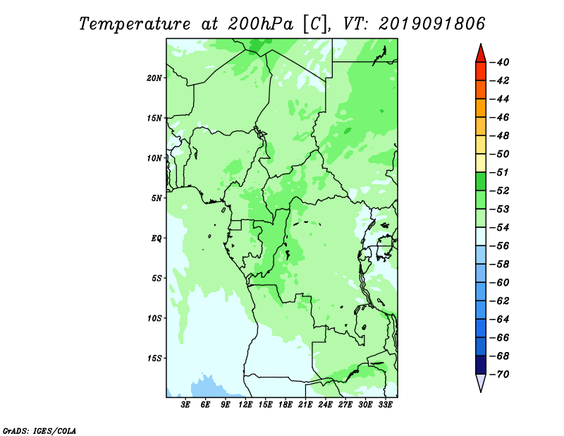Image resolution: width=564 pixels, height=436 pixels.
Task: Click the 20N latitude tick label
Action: pyautogui.click(x=154, y=78)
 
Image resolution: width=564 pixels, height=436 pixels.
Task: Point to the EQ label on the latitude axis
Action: pyautogui.click(x=157, y=238)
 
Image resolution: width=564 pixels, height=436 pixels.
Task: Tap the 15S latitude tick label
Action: pyautogui.click(x=154, y=358)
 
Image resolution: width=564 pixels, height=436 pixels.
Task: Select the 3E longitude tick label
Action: pyautogui.click(x=185, y=405)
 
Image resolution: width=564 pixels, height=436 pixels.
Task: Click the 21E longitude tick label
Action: pyautogui.click(x=305, y=405)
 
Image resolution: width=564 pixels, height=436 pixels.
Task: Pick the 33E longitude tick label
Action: pyautogui.click(x=385, y=405)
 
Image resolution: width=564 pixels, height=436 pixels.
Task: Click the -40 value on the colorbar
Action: pyautogui.click(x=500, y=62)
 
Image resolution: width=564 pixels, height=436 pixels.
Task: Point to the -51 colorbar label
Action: pyautogui.click(x=500, y=172)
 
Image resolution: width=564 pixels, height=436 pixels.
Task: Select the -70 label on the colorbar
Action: pyautogui.click(x=500, y=375)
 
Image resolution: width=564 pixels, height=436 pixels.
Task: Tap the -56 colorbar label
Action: pyautogui.click(x=500, y=246)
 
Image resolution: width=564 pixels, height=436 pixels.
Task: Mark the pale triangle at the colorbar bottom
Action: pyautogui.click(x=481, y=382)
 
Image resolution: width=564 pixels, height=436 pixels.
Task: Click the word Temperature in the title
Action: pyautogui.click(x=135, y=25)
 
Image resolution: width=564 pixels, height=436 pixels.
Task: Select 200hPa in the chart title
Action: pyautogui.click(x=261, y=24)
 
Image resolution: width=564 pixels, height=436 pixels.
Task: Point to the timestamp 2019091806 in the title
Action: pyautogui.click(x=432, y=24)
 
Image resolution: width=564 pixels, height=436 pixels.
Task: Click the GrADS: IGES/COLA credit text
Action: pyautogui.click(x=39, y=431)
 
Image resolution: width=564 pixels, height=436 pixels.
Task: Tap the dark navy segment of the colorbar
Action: pyautogui.click(x=481, y=365)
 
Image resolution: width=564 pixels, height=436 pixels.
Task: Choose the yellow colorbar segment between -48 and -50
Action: pyautogui.click(x=481, y=145)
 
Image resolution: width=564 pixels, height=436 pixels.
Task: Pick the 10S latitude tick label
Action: pyautogui.click(x=154, y=318)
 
